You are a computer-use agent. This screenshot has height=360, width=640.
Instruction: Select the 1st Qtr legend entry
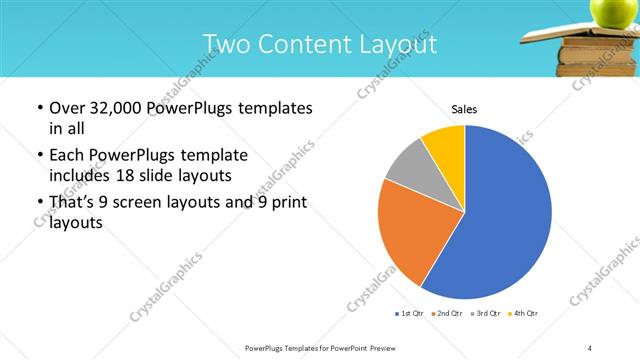410,314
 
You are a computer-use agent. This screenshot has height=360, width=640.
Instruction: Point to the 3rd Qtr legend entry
486,314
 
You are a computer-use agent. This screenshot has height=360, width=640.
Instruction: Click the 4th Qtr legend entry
524,314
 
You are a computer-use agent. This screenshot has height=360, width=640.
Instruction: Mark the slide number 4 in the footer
590,347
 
